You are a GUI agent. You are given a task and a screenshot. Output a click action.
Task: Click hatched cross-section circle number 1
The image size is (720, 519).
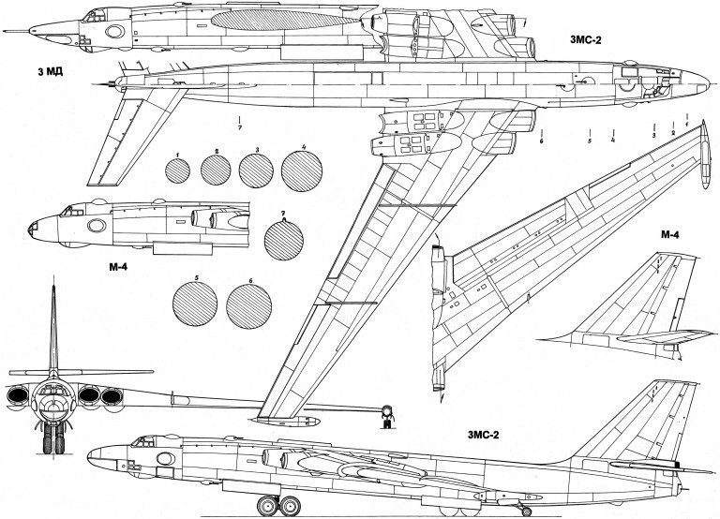[x=176, y=170]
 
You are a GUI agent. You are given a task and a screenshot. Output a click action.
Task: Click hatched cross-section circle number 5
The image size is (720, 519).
[x=195, y=304]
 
